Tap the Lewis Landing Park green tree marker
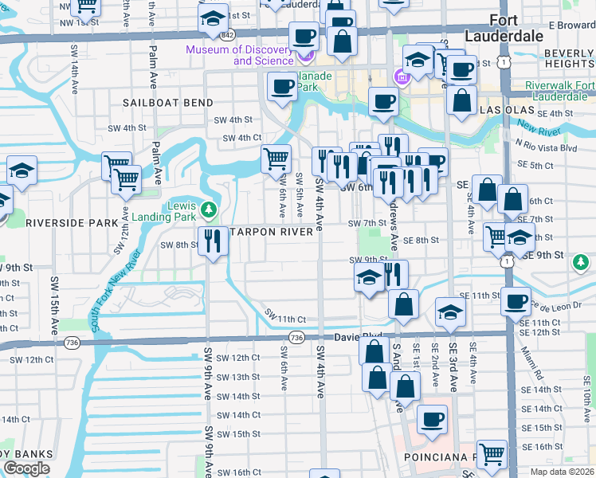click(210, 210)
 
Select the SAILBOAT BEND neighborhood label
click(167, 103)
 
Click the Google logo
click(26, 468)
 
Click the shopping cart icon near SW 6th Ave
click(276, 158)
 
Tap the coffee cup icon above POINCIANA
click(432, 419)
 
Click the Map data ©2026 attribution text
click(562, 472)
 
